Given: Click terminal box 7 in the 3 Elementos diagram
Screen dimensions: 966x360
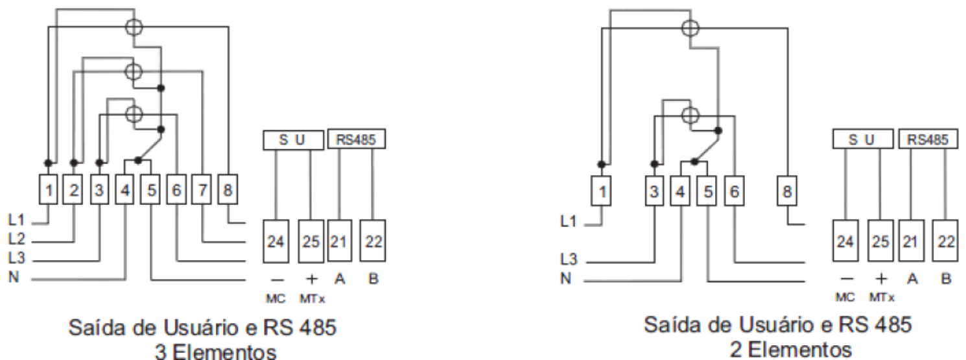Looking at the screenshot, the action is click(202, 189).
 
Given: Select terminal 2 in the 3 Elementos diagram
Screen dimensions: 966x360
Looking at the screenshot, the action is click(74, 189).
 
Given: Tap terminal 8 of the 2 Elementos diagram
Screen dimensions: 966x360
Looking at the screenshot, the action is click(787, 191).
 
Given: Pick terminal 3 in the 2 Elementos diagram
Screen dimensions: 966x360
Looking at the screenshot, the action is click(654, 191).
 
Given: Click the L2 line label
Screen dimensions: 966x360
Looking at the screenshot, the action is click(16, 239).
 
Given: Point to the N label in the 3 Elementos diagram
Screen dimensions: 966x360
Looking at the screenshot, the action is click(14, 277).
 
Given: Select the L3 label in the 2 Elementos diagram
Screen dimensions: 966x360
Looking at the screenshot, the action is click(569, 259).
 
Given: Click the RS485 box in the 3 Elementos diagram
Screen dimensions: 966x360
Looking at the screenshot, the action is click(356, 139).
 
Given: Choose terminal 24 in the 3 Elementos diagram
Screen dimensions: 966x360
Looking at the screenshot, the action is click(276, 241).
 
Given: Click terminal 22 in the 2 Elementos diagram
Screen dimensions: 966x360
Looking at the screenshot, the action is click(945, 241).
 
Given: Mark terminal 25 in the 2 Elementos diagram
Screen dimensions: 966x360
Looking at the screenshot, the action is click(880, 241).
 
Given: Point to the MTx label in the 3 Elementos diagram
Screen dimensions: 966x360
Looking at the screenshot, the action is click(312, 299).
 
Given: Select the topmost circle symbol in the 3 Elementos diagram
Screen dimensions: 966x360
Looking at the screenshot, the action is click(134, 27).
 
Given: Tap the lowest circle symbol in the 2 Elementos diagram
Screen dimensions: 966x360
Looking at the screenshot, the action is click(691, 115).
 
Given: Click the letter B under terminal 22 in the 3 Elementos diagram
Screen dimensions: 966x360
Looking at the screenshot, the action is click(373, 279).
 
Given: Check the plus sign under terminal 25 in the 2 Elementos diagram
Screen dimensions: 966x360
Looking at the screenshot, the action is click(881, 280).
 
